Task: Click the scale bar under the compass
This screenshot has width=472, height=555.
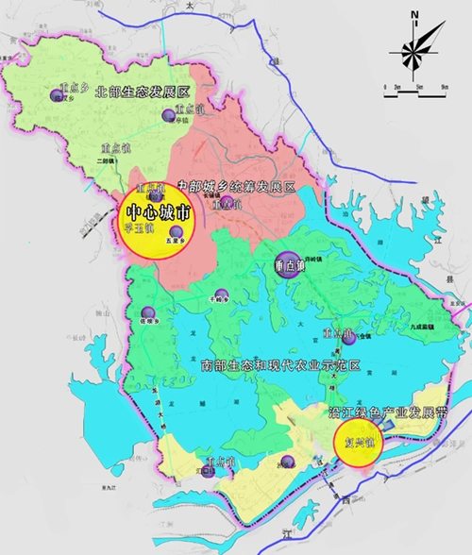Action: (415, 87)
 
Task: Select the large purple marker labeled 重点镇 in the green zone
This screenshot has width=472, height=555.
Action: (285, 266)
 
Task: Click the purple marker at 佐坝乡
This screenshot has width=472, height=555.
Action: (147, 313)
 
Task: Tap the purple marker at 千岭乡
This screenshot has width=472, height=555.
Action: (221, 294)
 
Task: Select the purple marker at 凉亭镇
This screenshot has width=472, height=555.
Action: (168, 115)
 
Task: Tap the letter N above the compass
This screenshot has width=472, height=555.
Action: (415, 12)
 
